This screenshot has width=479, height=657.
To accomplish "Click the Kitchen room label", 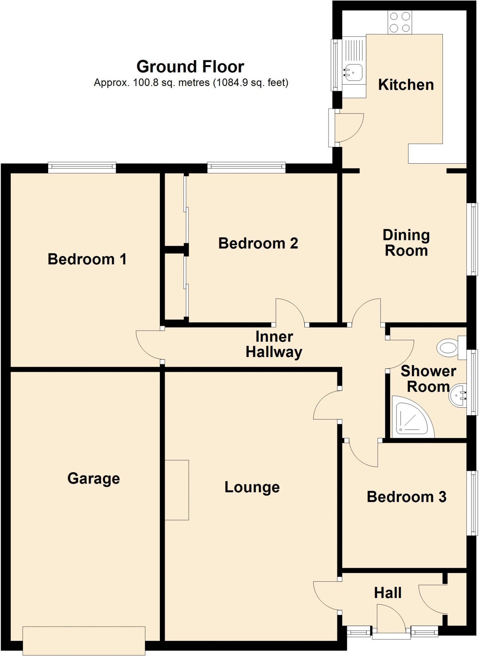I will (x=406, y=85).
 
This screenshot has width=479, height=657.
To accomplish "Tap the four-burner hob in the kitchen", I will (x=400, y=22).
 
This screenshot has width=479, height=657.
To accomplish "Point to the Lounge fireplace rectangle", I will (x=177, y=490).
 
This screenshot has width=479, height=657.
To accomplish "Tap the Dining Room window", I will (x=472, y=239).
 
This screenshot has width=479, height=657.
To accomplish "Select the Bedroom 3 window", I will (x=472, y=503).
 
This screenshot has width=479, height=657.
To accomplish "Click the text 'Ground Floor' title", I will (x=190, y=67).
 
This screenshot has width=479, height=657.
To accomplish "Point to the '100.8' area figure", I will (x=146, y=83).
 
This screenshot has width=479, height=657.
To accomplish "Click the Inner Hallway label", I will (x=274, y=345).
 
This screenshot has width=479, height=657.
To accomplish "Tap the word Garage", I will (x=93, y=478).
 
